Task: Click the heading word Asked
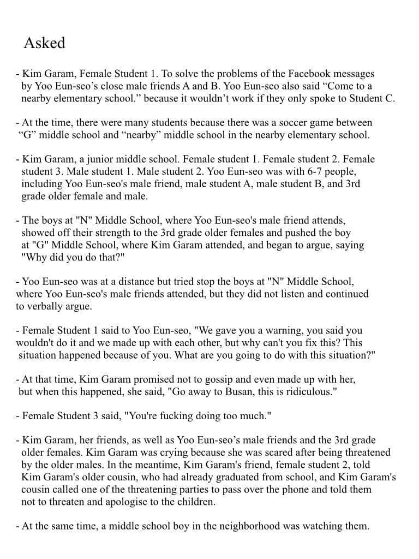44,43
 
